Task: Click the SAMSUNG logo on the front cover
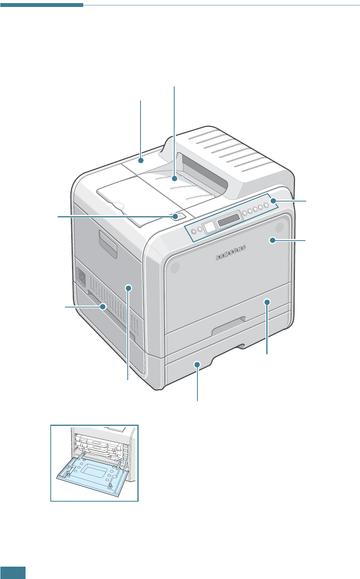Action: pyautogui.click(x=231, y=253)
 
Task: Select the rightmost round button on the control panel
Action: pyautogui.click(x=266, y=205)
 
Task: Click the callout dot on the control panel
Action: pyautogui.click(x=273, y=201)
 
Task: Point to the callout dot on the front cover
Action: pyautogui.click(x=272, y=240)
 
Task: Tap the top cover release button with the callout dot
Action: pyautogui.click(x=176, y=216)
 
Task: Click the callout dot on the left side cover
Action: pyautogui.click(x=129, y=288)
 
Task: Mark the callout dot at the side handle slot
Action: pyautogui.click(x=103, y=307)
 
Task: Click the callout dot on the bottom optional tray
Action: pyautogui.click(x=197, y=364)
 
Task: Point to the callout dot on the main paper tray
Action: pyautogui.click(x=267, y=302)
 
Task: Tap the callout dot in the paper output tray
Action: pyautogui.click(x=175, y=179)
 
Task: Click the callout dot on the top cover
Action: pyautogui.click(x=141, y=160)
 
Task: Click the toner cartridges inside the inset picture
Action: pyautogui.click(x=99, y=444)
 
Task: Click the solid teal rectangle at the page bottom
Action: pyautogui.click(x=13, y=572)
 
